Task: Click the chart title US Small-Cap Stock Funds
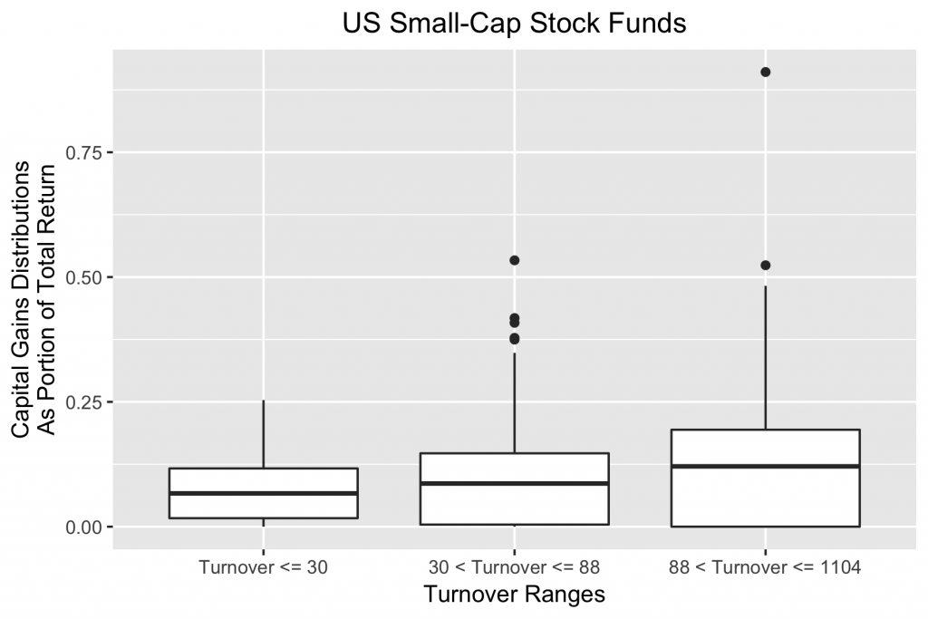pyautogui.click(x=514, y=24)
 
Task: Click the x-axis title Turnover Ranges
pyautogui.click(x=514, y=595)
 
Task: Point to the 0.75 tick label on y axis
pyautogui.click(x=84, y=152)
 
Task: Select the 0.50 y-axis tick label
pyautogui.click(x=84, y=277)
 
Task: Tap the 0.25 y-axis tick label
pyautogui.click(x=84, y=402)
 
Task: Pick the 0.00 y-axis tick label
pyautogui.click(x=84, y=527)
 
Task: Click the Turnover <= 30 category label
pyautogui.click(x=263, y=568)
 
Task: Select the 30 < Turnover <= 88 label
pyautogui.click(x=514, y=568)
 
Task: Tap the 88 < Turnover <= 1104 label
pyautogui.click(x=765, y=568)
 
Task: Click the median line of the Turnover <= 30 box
pyautogui.click(x=263, y=493)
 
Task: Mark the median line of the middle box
pyautogui.click(x=514, y=483)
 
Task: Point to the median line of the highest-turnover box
pyautogui.click(x=765, y=466)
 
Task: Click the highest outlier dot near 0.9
pyautogui.click(x=765, y=72)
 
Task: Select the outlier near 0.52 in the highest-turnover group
pyautogui.click(x=765, y=266)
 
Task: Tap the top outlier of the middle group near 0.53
pyautogui.click(x=514, y=260)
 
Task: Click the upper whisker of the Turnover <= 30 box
pyautogui.click(x=263, y=434)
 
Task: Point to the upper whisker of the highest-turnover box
pyautogui.click(x=765, y=358)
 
